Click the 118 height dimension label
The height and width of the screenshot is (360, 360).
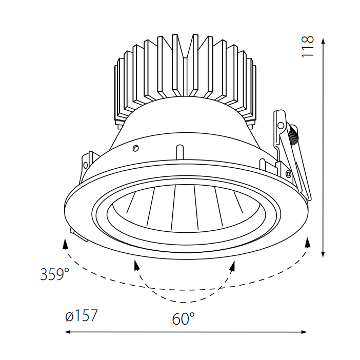coord(307,47)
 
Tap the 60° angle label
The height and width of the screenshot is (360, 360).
coord(183,319)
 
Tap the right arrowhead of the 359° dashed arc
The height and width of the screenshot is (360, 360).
coord(307,242)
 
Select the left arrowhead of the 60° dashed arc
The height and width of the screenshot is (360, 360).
coord(136,265)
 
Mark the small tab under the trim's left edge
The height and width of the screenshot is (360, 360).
coord(77,235)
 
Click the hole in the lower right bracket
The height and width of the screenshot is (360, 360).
coord(289,174)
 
